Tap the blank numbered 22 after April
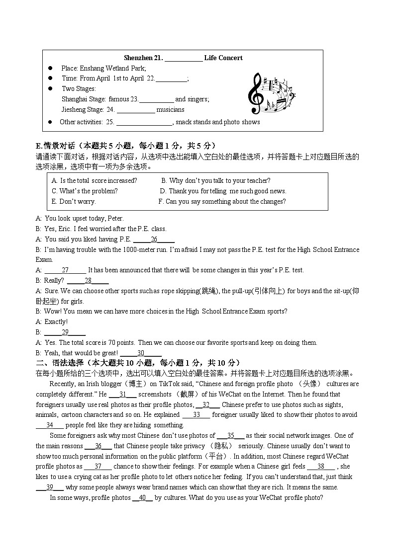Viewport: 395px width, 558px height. (171, 79)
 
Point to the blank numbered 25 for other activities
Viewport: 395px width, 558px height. (144, 122)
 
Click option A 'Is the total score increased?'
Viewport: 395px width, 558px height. (95, 181)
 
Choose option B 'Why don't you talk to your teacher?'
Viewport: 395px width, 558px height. (216, 181)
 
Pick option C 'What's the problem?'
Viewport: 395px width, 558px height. (85, 191)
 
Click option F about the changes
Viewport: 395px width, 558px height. (222, 202)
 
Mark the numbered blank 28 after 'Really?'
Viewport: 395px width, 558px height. (88, 281)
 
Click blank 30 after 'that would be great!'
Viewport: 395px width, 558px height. (141, 353)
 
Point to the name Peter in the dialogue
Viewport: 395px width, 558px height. (115, 219)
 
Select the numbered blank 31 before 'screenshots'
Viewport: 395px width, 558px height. (122, 395)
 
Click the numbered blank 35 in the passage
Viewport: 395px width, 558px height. (230, 436)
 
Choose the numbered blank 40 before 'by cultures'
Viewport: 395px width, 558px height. (142, 498)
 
